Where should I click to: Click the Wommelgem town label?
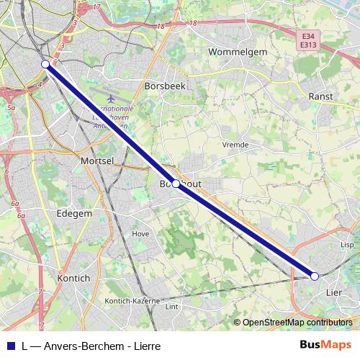coord(237,52)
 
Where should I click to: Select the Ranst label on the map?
coord(319,96)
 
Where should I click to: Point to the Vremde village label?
coord(235,145)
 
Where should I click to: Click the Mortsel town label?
coord(98,161)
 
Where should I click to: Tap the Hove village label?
coord(140,234)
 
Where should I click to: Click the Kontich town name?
coord(73,278)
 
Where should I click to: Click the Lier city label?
coord(334,292)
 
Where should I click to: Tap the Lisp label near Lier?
coord(348,245)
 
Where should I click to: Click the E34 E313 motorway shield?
coord(309,40)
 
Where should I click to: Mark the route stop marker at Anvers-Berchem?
coord(45,64)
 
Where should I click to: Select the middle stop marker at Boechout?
coord(176,184)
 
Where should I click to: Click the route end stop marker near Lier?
coord(315,276)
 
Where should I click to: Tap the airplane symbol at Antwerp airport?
coord(109,98)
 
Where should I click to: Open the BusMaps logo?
coord(325,345)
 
